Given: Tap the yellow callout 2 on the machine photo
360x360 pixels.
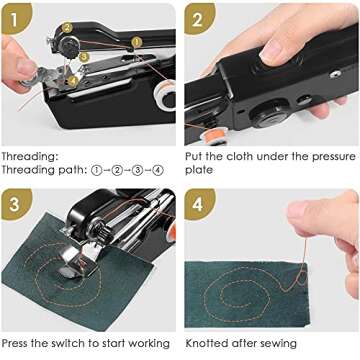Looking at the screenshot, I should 68,29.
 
